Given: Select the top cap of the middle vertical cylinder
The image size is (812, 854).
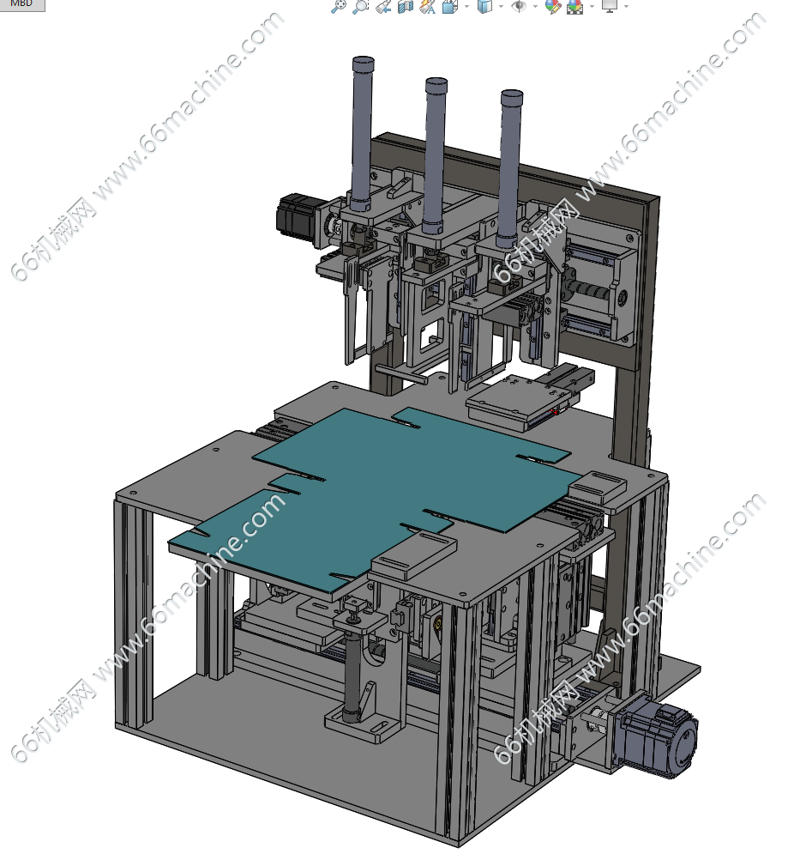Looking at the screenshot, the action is point(436,83).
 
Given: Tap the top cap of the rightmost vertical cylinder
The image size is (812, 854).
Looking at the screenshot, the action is point(512,95).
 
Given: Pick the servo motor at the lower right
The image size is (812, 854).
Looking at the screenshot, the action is point(659,736).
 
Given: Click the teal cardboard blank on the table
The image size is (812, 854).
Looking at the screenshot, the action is point(376,490).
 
